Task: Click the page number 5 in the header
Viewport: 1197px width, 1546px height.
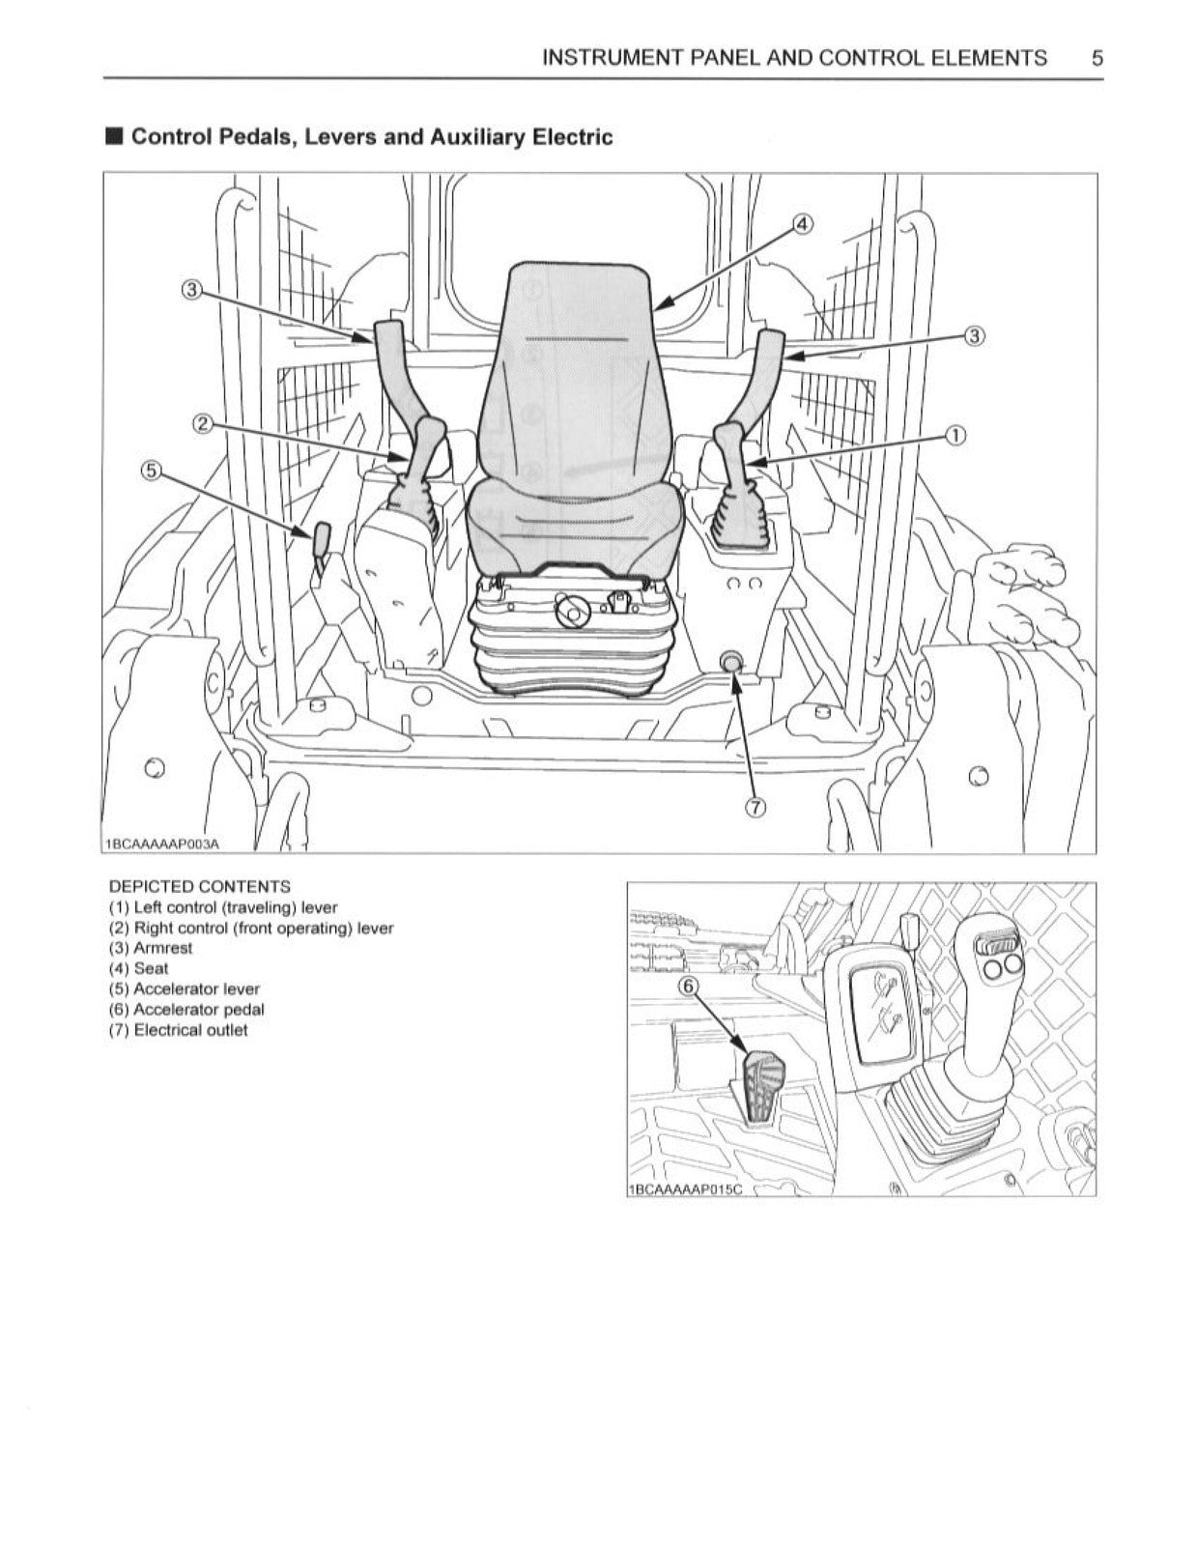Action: pyautogui.click(x=1097, y=58)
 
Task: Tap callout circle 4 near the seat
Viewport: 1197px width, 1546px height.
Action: pyautogui.click(x=802, y=225)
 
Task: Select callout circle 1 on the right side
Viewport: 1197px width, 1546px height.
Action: pyautogui.click(x=955, y=435)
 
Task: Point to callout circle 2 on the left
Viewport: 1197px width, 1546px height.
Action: pyautogui.click(x=203, y=423)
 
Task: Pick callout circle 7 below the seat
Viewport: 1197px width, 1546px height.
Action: pyautogui.click(x=755, y=809)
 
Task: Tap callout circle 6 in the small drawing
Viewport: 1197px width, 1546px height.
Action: pyautogui.click(x=688, y=987)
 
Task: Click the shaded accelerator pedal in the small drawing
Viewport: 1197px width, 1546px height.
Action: pyautogui.click(x=761, y=1086)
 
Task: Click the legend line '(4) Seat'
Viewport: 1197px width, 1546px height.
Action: pyautogui.click(x=138, y=968)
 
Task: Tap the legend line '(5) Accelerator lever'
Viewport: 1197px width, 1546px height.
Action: pyautogui.click(x=184, y=989)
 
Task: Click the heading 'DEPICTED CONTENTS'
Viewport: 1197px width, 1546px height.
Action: pyautogui.click(x=199, y=886)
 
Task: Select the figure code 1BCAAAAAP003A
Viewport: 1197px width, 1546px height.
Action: pyautogui.click(x=162, y=845)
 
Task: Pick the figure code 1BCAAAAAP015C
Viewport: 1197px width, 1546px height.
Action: pyautogui.click(x=684, y=1189)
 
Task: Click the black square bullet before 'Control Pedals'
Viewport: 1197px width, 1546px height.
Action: pyautogui.click(x=115, y=136)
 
